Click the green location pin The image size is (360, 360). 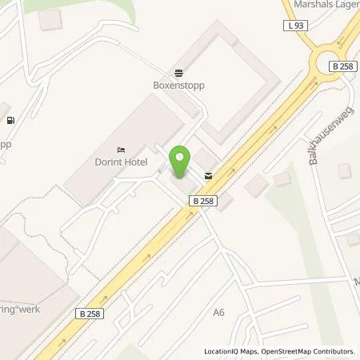coord(180,162)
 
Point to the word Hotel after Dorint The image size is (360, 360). coord(135,161)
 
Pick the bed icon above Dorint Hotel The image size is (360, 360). coord(121,149)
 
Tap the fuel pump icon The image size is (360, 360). coord(10,121)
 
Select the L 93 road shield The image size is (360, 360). coord(294,26)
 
